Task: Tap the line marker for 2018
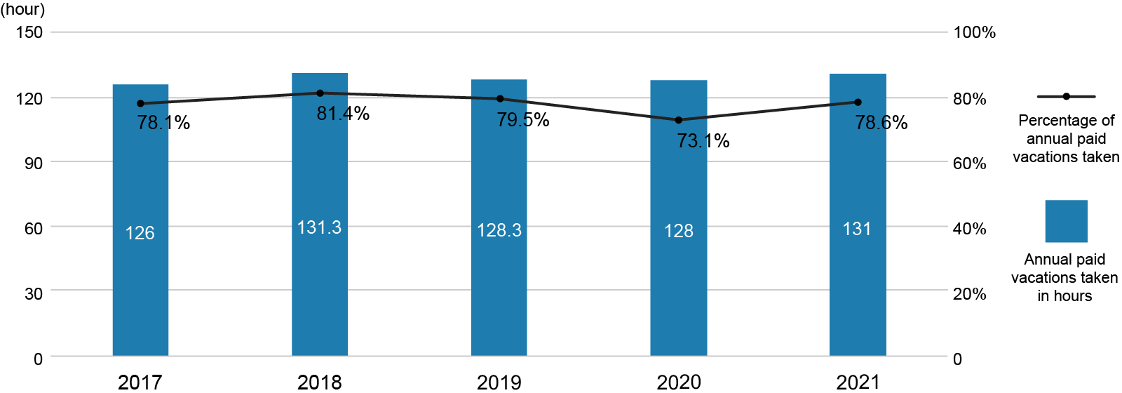(x=320, y=93)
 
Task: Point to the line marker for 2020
(x=678, y=120)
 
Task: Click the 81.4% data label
(x=343, y=114)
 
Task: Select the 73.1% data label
(x=703, y=141)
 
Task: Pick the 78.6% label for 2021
(x=881, y=123)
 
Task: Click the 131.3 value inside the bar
(x=319, y=227)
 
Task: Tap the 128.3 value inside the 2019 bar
(x=499, y=230)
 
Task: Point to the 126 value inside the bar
(x=140, y=233)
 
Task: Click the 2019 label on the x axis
(x=499, y=382)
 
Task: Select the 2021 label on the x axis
(x=858, y=382)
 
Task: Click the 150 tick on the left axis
(x=29, y=32)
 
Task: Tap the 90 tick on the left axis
(x=33, y=163)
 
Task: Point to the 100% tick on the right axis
(x=974, y=32)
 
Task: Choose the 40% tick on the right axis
(x=969, y=229)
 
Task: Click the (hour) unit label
(x=22, y=10)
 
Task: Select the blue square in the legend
(x=1066, y=221)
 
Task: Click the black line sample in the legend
(x=1066, y=96)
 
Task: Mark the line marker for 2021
(x=858, y=102)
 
